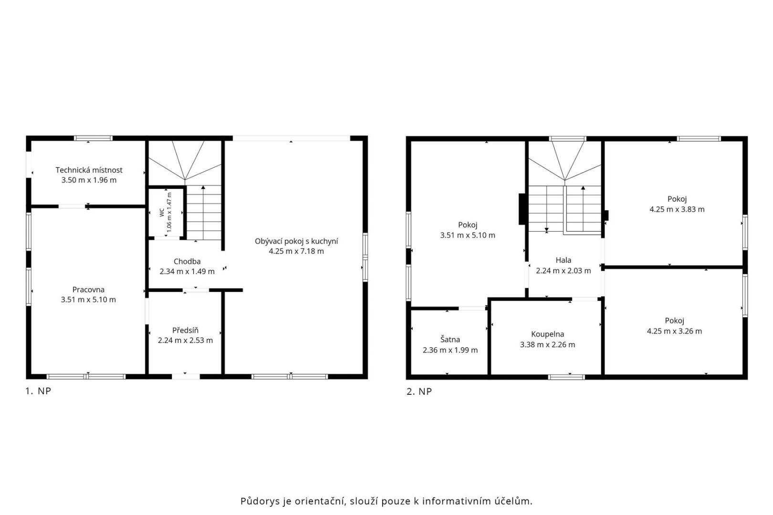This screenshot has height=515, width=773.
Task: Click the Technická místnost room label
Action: pos(89,170)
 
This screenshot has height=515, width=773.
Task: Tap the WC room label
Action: pos(162,213)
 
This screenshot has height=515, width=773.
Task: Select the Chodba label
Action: pos(187,261)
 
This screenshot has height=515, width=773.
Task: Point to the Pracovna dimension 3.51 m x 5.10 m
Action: pos(88,300)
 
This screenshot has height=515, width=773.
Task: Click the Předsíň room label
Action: pos(185,330)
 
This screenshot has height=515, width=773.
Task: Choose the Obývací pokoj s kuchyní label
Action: pos(296,241)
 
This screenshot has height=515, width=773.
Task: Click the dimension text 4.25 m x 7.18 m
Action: pos(296,251)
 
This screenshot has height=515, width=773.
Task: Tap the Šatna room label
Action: pos(450,340)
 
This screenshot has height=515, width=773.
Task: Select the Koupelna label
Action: pos(548,334)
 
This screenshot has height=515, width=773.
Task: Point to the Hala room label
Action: pos(564,260)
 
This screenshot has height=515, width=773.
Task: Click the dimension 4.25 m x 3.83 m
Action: pos(677,209)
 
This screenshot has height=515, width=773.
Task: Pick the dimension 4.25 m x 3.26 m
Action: pos(674,331)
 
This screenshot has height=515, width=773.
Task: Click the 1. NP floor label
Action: pos(38,391)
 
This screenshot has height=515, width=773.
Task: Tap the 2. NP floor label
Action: pos(419,391)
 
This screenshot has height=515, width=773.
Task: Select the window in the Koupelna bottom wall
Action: pos(566,377)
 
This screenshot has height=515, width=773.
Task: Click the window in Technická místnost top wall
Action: pos(93,138)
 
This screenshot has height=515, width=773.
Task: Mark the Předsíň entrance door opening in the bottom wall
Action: pos(186,377)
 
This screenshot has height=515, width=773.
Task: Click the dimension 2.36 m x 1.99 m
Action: pos(450,350)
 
